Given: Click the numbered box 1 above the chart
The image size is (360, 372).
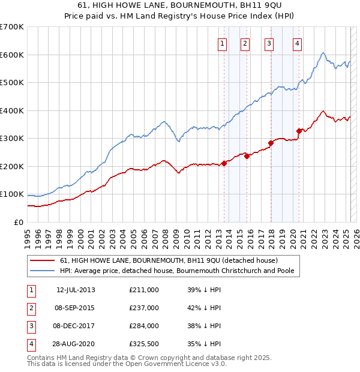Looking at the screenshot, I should coord(222,43).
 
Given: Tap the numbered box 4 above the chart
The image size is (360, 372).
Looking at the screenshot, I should coord(298,43).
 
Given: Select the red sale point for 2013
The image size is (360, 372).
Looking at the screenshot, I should coord(224,163).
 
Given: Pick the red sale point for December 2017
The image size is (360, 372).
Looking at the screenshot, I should coord(271,143).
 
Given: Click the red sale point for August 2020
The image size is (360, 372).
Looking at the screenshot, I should coord(299,131).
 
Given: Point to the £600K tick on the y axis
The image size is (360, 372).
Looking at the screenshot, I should coord(12,55).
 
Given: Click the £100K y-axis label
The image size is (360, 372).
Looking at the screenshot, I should coord(12,194).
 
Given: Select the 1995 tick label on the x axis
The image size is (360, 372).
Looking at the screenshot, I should coord(28,234).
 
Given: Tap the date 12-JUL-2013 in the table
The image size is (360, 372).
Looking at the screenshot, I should coord(76,290).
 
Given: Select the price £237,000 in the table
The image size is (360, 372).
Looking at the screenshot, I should coord(144,308).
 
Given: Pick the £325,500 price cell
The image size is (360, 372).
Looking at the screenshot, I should coord(144,344).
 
